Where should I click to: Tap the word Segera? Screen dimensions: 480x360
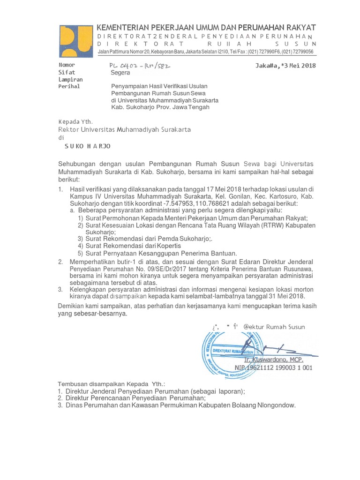pos(120,73)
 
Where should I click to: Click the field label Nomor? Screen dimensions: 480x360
pos(66,65)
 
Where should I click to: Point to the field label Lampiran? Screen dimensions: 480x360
pos(70,80)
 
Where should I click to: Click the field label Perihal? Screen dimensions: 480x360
pos(69,87)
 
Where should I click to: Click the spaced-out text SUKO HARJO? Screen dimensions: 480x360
pos(87,146)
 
